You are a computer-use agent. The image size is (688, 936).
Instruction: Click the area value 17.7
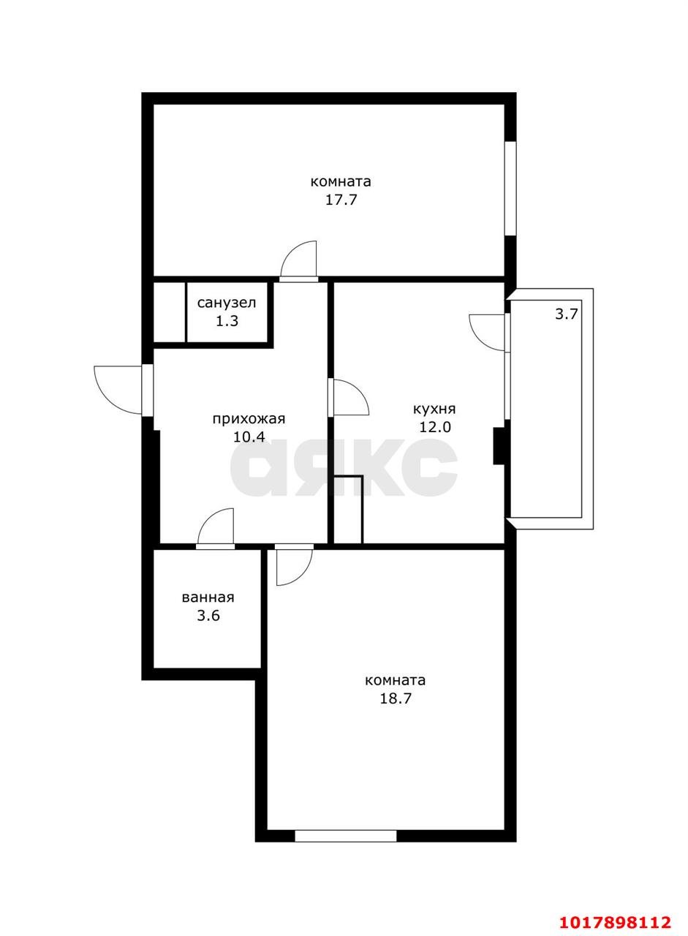(341, 200)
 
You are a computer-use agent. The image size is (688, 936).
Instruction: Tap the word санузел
(226, 303)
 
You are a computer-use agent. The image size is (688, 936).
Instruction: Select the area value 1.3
(227, 321)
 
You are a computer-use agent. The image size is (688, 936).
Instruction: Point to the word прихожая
(249, 419)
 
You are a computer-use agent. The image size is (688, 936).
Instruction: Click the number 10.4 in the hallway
(249, 437)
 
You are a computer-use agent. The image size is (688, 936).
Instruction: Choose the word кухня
(434, 409)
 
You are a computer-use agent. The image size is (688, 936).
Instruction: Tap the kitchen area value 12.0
(435, 428)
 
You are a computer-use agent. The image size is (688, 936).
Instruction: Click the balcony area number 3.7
(567, 314)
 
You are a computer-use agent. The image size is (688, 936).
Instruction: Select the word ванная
(208, 597)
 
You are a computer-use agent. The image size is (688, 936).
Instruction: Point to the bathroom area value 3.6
(208, 616)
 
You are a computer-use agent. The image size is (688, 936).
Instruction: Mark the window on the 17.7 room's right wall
(510, 189)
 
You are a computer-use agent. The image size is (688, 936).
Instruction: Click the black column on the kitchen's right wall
(499, 446)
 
